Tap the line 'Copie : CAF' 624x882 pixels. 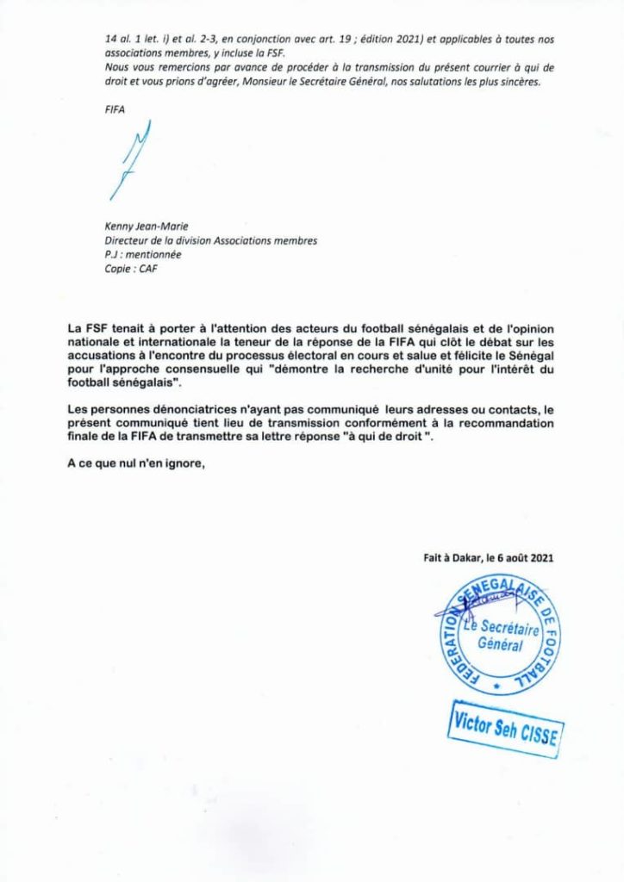[129, 269]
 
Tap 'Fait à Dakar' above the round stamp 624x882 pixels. [446, 557]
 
